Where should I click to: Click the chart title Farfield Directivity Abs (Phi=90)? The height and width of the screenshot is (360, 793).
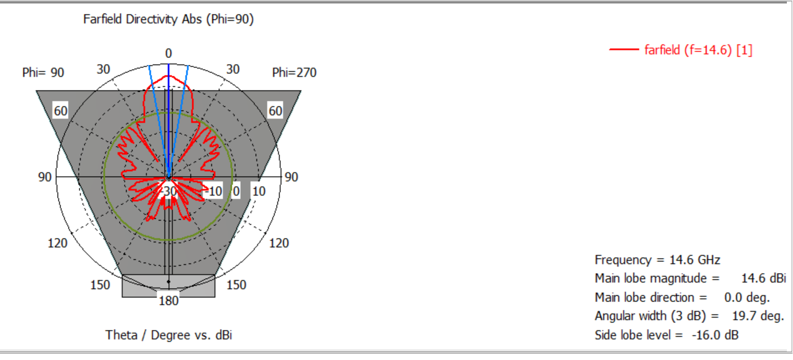coord(168,19)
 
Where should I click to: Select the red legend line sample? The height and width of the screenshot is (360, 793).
coord(624,50)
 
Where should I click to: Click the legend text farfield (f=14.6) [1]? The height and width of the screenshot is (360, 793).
coord(698,50)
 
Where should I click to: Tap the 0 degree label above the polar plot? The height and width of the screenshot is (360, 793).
coord(168,53)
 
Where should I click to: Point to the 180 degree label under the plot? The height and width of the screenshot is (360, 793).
coord(168,300)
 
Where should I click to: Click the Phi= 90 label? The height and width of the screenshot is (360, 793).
coord(43,72)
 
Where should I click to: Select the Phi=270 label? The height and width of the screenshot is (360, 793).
coord(294,72)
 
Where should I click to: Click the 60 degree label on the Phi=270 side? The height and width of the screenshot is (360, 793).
coord(275,111)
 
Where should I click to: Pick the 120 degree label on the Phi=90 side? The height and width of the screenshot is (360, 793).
coord(57,243)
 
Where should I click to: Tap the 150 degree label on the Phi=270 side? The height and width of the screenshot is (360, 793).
coord(236,285)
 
